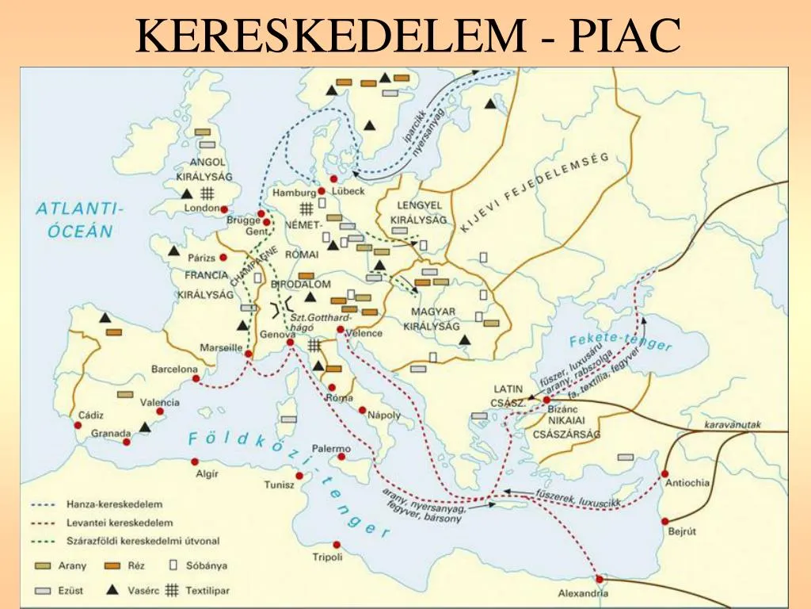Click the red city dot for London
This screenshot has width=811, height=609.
pos(225,209)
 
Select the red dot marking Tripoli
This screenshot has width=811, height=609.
pos(337,545)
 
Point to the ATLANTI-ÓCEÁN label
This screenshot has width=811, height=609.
pos(74,220)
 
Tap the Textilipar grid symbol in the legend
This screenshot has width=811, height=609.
pos(169,590)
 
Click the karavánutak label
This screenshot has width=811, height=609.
pos(733,425)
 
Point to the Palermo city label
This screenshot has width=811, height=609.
pos(330,448)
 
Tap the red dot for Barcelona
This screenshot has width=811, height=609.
pos(196,379)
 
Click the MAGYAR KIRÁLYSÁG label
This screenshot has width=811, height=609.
pos(429,319)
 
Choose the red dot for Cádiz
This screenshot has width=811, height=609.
pos(78,425)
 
